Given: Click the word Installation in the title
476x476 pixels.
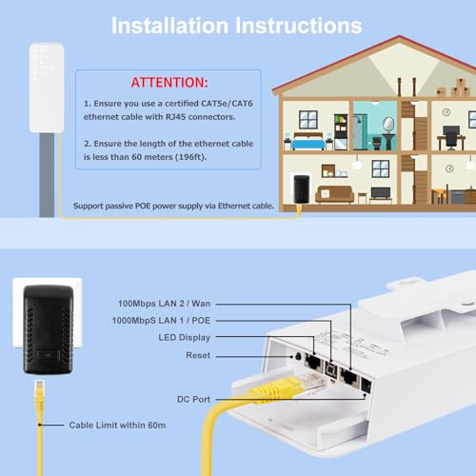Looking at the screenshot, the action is tap(169, 26).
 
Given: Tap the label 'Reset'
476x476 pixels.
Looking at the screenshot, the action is tap(198, 355).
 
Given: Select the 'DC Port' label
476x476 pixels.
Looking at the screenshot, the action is tap(193, 399).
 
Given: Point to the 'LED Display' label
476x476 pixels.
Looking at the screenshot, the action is tap(185, 338).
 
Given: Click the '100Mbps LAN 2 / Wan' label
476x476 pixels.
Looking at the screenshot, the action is tap(164, 304).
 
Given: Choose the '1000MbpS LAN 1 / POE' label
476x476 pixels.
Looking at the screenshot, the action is tap(161, 321).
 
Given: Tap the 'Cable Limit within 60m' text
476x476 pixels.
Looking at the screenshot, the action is tap(117, 426).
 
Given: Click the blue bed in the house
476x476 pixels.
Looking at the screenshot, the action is tap(308, 142).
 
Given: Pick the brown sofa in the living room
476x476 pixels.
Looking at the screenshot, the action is tap(334, 194).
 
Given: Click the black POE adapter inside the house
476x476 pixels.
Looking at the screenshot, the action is tap(302, 188).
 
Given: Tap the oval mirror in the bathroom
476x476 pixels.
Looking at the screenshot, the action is tap(388, 124).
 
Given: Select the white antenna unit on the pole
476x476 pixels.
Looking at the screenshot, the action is tap(47, 88).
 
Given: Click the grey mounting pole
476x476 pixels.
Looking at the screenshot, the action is tap(47, 175).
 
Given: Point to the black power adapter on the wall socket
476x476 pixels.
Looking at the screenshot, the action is tap(49, 329).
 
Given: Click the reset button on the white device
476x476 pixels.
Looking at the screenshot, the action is tap(298, 356).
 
